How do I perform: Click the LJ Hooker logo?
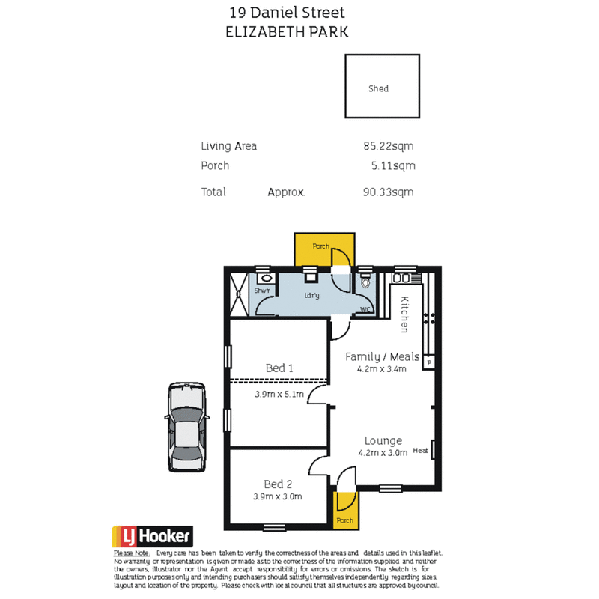coord(153,536)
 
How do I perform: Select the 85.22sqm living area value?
coord(388,147)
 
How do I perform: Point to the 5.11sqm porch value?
coord(393,166)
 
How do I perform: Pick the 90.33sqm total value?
coord(388,192)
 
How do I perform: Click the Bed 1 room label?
coord(279,368)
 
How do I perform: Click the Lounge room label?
coord(383,440)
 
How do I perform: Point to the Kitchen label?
coord(404,314)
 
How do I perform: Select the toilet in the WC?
coord(365,283)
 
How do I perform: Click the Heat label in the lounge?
coord(420,451)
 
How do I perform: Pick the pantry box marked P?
coord(429,362)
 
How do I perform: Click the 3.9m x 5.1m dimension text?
coord(279,394)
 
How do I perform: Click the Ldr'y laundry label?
coord(311,296)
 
